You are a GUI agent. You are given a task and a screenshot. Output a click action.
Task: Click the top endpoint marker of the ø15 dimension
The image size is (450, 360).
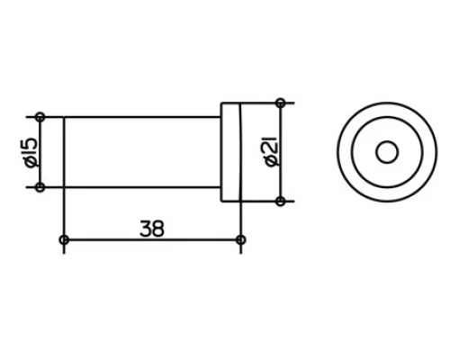pyautogui.click(x=40, y=116)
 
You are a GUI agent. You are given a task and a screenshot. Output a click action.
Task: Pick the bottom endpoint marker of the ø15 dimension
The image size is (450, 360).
pyautogui.click(x=40, y=187)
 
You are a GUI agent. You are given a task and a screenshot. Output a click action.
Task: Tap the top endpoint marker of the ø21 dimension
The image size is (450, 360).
pyautogui.click(x=280, y=101)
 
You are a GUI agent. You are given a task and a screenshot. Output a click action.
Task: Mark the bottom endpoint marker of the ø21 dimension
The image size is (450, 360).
pyautogui.click(x=280, y=200)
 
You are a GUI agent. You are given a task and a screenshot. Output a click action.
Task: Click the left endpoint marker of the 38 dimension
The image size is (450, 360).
pyautogui.click(x=63, y=239)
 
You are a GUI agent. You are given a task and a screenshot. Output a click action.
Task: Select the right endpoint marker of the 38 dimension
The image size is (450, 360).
pyautogui.click(x=240, y=239)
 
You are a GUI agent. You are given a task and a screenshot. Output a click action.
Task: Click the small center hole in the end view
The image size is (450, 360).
pyautogui.click(x=387, y=151)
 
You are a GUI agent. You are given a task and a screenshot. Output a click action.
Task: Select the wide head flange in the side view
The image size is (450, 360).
pyautogui.click(x=230, y=151)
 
